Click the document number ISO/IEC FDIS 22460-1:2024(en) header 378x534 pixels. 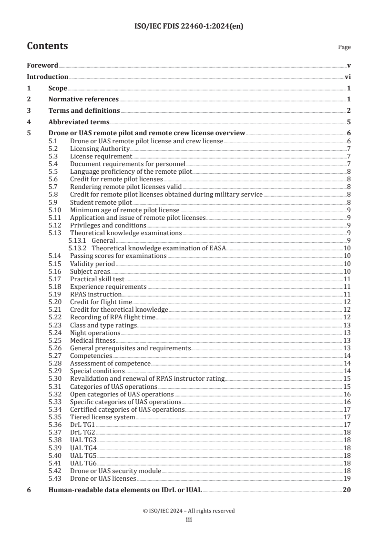[x=189, y=27]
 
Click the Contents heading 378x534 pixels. [x=47, y=46]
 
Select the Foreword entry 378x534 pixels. [x=42, y=65]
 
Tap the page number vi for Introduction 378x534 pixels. [x=348, y=77]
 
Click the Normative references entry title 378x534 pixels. [x=83, y=99]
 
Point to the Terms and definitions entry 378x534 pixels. [x=84, y=110]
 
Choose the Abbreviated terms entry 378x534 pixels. [x=79, y=121]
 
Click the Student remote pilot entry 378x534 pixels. [x=94, y=202]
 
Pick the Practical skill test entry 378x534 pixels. [x=97, y=279]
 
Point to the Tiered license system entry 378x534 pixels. [x=102, y=417]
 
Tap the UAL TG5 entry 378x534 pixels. [x=83, y=455]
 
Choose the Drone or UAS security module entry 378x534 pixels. [x=115, y=471]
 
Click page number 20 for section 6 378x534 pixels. [x=347, y=490]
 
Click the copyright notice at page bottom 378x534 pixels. [x=189, y=511]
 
